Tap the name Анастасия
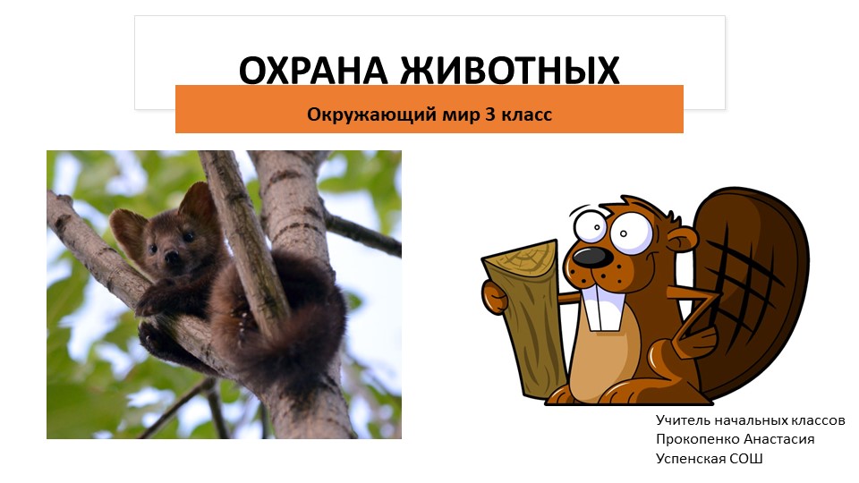pos(784,439)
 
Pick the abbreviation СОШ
pos(749,459)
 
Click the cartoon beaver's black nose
pos(588,258)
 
